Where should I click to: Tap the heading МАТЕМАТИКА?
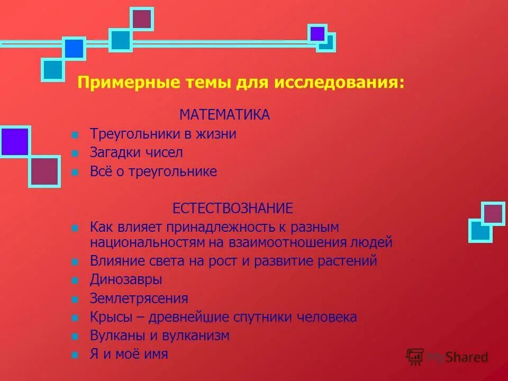pos(224,115)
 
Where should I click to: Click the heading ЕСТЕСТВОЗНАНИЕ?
pos(232,208)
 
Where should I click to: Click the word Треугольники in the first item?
pos(135,134)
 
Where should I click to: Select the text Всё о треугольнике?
pos(153,171)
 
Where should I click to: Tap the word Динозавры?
pos(126,279)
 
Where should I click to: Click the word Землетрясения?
pos(139,298)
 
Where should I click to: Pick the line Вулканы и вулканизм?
pos(160,335)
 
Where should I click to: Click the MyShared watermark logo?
pos(447,357)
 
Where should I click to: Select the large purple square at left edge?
pos(14,141)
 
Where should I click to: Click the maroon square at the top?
pos(141,19)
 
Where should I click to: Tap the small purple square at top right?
pos(317,34)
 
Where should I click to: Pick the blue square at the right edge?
pos(480,230)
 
